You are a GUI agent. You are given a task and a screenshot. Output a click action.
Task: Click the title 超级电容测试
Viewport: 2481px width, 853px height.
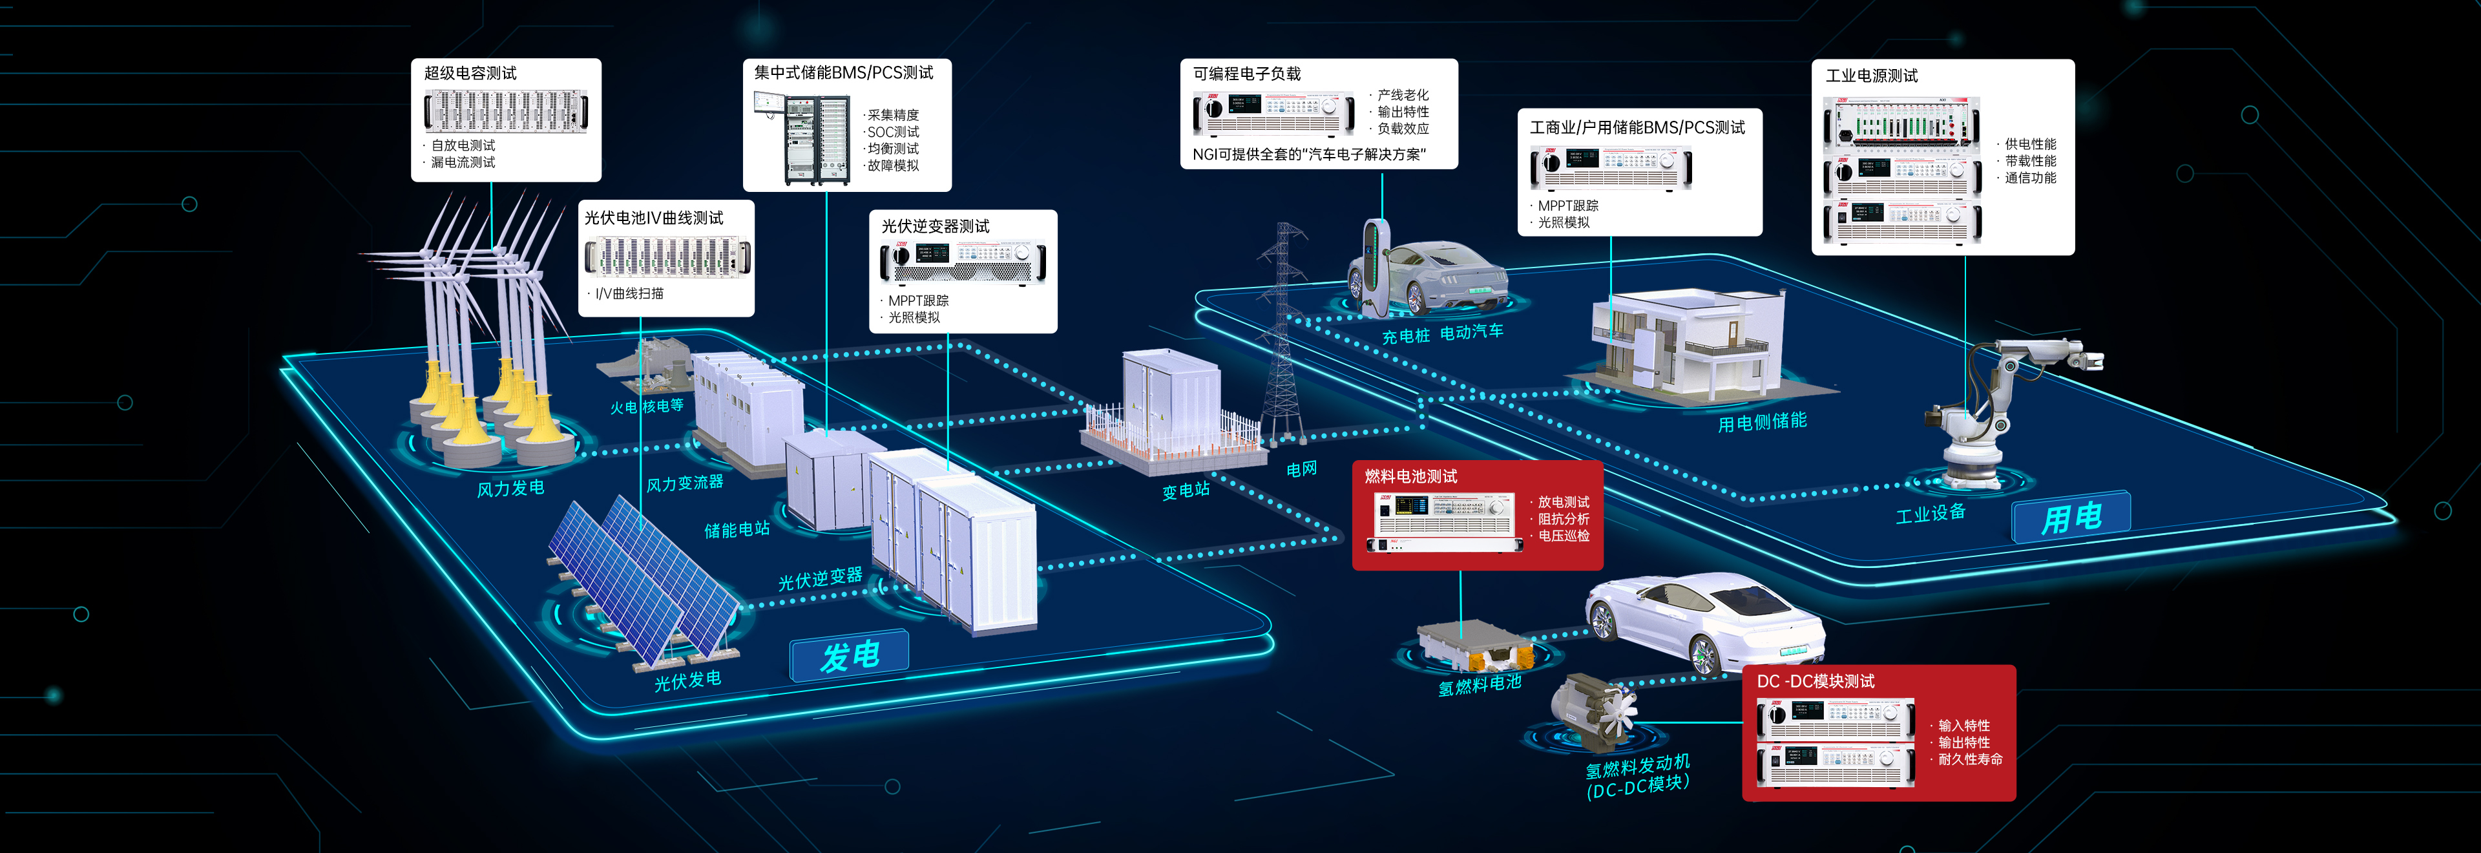470,73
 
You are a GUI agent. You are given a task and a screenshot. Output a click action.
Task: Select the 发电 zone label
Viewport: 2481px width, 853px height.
850,656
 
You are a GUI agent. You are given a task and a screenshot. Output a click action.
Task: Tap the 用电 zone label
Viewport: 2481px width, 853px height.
2071,518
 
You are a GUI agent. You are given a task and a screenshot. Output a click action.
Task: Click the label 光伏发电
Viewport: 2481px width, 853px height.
687,680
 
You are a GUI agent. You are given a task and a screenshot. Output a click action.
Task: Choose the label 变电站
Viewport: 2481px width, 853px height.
1186,490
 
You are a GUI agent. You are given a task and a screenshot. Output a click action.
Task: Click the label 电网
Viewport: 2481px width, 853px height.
1301,469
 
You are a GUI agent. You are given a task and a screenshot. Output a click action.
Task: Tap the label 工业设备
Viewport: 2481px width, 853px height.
1930,513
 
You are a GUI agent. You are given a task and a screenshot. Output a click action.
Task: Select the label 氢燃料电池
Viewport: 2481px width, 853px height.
1480,684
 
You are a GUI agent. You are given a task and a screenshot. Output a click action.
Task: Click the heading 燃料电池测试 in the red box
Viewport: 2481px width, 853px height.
1411,476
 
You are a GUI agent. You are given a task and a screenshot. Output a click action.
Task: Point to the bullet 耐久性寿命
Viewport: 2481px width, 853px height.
1969,759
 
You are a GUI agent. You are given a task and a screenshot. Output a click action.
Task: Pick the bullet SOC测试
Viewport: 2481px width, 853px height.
893,132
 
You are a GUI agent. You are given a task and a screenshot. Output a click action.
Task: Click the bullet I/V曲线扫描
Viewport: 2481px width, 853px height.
629,293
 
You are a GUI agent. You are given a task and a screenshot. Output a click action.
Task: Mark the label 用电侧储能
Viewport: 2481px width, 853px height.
1761,423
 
